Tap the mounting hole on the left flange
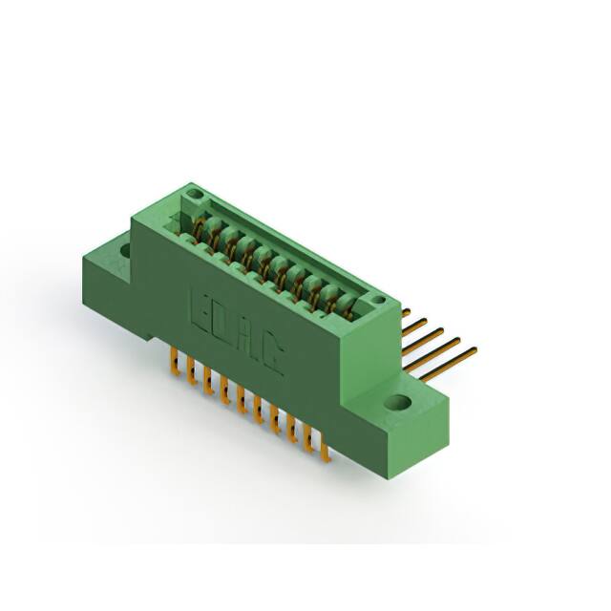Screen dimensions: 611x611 [x=125, y=250]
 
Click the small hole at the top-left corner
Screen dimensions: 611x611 [x=193, y=193]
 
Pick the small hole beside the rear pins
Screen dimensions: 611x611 [x=378, y=300]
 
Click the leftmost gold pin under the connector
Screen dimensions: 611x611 [x=176, y=362]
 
